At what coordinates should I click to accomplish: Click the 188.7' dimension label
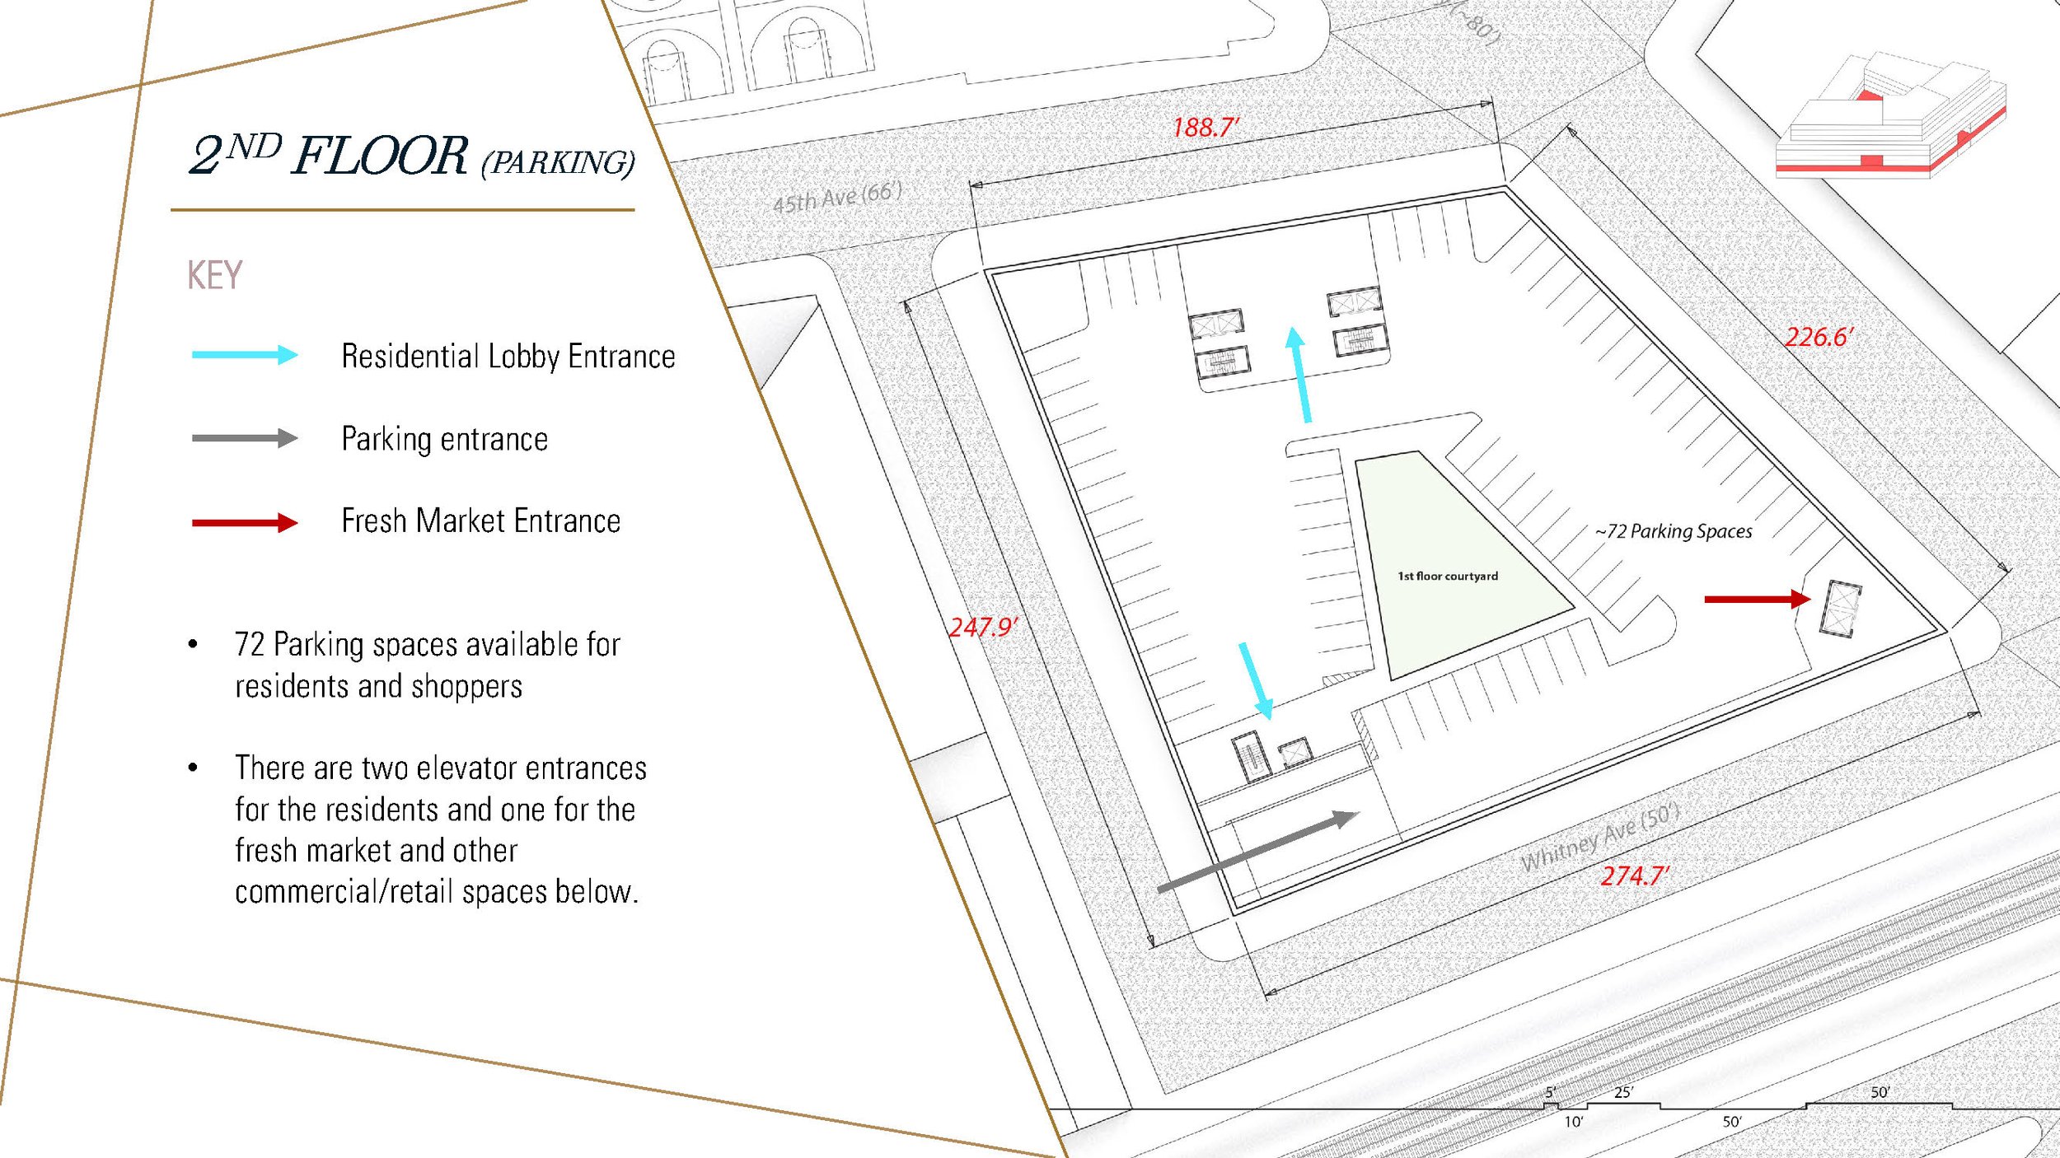1206,128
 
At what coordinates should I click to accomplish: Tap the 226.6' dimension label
1819,337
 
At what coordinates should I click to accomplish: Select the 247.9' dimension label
983,628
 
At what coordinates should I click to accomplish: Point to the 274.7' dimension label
1635,876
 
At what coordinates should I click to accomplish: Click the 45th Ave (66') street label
837,198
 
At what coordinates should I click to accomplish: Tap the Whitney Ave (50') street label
1600,838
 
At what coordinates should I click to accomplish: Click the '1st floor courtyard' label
1448,577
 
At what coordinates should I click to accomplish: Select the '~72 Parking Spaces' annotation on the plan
1674,532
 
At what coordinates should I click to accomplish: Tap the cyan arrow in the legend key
244,355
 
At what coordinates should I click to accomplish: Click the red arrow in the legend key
244,522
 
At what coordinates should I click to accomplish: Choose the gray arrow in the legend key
244,438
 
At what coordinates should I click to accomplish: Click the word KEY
214,275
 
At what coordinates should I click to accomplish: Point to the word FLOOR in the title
380,156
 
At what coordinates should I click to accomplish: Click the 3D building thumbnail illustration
1891,115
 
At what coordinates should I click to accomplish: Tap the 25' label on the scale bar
1623,1092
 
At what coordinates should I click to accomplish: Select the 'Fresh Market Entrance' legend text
480,521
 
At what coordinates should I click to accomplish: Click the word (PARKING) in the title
558,162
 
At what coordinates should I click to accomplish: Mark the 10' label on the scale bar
1574,1122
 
